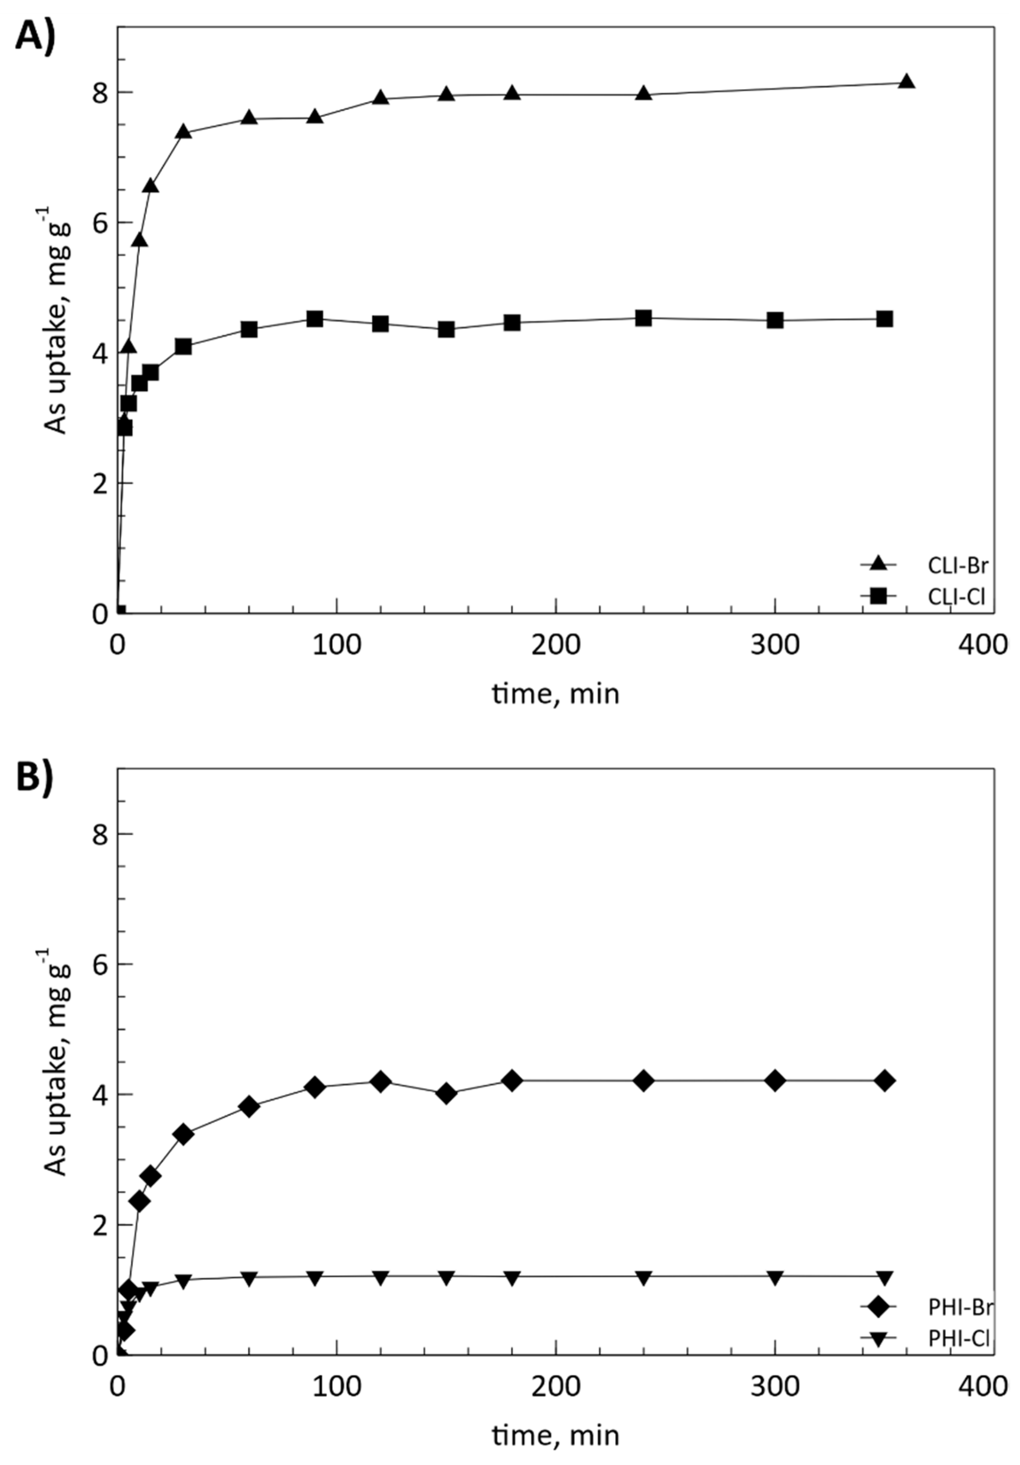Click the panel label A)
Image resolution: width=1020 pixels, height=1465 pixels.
point(35,36)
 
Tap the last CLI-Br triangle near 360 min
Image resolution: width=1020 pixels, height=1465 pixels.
point(906,82)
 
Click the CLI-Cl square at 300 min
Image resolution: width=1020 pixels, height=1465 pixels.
point(774,320)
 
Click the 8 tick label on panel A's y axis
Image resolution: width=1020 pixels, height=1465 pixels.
point(100,94)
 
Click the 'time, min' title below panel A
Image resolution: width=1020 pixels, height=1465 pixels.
point(555,693)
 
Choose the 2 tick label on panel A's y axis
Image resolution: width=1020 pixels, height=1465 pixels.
point(100,483)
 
